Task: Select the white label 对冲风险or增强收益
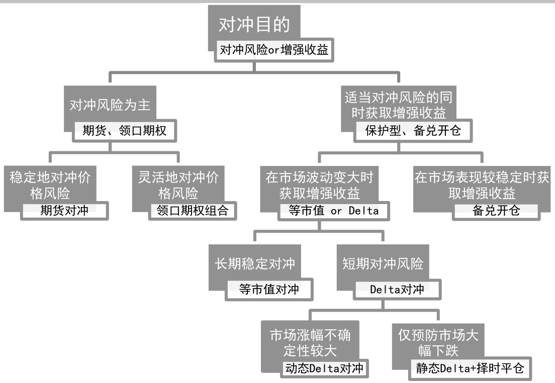click(274, 50)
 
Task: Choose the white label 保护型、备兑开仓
click(413, 131)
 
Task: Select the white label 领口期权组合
click(193, 210)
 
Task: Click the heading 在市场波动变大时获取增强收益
click(319, 185)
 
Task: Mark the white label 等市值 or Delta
click(334, 211)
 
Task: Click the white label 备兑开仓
click(496, 211)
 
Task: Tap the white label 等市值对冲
click(269, 290)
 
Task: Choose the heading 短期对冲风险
click(383, 263)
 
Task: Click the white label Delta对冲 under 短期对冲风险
click(397, 290)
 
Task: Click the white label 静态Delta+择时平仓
click(470, 368)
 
